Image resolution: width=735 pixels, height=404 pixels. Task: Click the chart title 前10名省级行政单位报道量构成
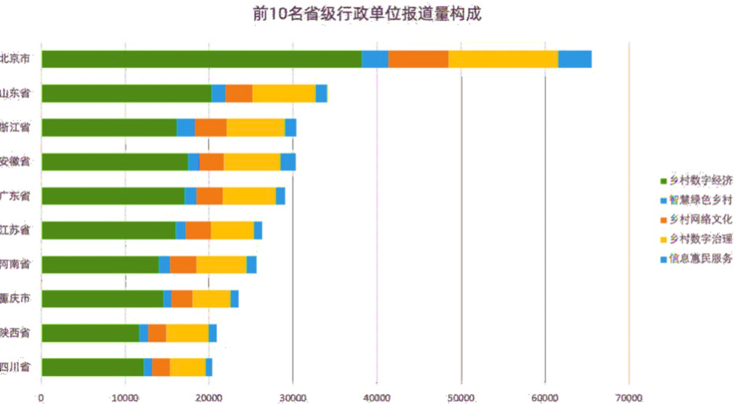[x=367, y=14]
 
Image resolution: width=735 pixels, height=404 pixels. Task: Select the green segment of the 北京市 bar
[x=201, y=59]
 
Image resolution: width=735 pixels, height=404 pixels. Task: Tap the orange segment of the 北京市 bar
[x=418, y=59]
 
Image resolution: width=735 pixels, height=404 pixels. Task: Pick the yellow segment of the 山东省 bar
[x=284, y=93]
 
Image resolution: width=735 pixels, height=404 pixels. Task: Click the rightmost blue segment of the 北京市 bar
[x=575, y=59]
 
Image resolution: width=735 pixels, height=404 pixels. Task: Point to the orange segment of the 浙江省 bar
[x=211, y=127]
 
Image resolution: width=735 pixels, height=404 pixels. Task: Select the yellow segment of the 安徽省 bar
[x=252, y=162]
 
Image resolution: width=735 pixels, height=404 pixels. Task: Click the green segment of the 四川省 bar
[x=92, y=367]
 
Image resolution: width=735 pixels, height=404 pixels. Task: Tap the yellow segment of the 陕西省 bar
[x=187, y=333]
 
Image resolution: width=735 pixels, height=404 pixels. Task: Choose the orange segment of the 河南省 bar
[x=183, y=264]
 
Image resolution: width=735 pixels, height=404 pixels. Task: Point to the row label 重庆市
[x=15, y=299]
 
